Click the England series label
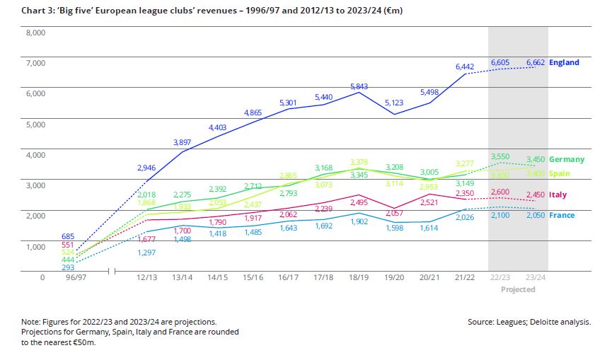pyautogui.click(x=564, y=62)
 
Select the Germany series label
pyautogui.click(x=567, y=159)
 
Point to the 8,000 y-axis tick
pyautogui.click(x=35, y=33)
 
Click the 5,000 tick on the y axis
pyautogui.click(x=35, y=124)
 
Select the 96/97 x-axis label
pyautogui.click(x=76, y=277)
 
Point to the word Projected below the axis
pyautogui.click(x=518, y=289)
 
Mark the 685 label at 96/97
pyautogui.click(x=68, y=236)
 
